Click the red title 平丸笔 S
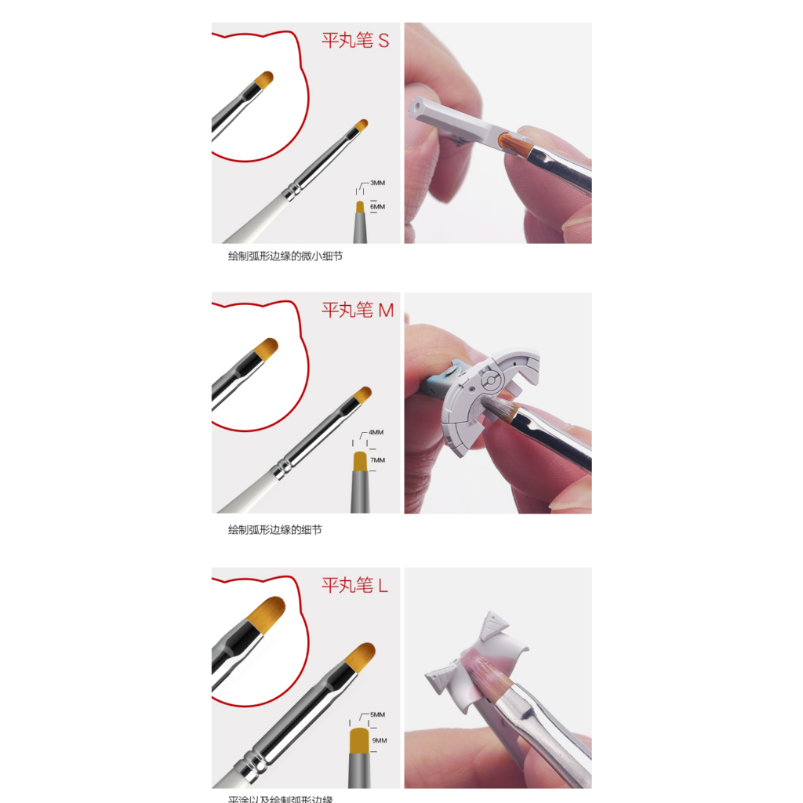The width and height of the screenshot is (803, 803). pyautogui.click(x=355, y=41)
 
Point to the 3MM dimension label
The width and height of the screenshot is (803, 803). pyautogui.click(x=377, y=183)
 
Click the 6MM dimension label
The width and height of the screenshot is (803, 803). pyautogui.click(x=377, y=207)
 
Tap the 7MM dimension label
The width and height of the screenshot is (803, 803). pyautogui.click(x=378, y=460)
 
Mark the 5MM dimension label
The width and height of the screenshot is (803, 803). pyautogui.click(x=377, y=714)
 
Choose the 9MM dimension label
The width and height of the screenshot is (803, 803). pyautogui.click(x=380, y=740)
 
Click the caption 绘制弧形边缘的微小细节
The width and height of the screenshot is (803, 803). pyautogui.click(x=285, y=256)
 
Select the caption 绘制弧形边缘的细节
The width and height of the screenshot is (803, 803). pyautogui.click(x=274, y=530)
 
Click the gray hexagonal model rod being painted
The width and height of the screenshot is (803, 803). pyautogui.click(x=455, y=119)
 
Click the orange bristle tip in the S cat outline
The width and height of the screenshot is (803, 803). pyautogui.click(x=265, y=79)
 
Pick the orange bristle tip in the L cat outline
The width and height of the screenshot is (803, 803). pyautogui.click(x=267, y=612)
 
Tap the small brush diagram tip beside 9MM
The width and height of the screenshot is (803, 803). pyautogui.click(x=358, y=739)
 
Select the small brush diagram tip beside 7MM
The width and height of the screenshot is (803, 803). pyautogui.click(x=360, y=460)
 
